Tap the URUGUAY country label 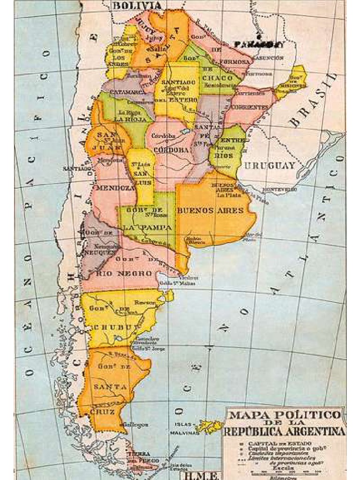270,165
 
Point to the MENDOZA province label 109,187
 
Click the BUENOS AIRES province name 210,211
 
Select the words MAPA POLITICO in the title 285,415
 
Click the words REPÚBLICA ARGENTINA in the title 285,431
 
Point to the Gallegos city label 137,425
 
